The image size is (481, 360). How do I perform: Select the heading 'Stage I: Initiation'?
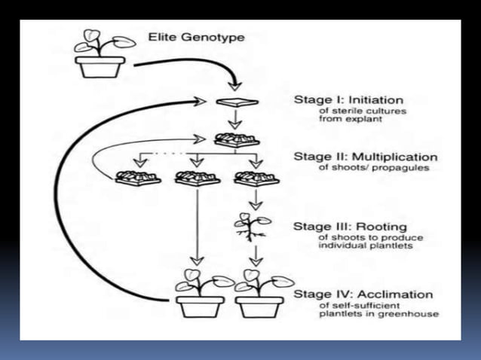click(348, 99)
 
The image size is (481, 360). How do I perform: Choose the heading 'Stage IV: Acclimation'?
click(363, 294)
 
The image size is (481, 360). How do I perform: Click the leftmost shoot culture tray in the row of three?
click(136, 178)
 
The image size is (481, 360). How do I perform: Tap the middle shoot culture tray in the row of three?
click(197, 178)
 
